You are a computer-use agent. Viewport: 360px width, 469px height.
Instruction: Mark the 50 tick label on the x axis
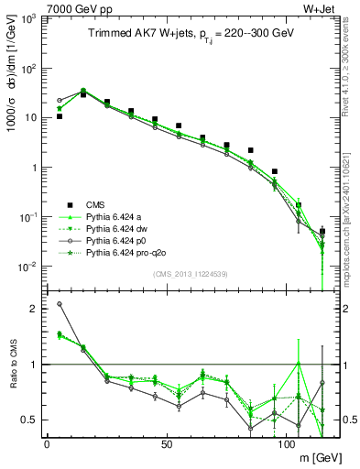(x=166, y=442)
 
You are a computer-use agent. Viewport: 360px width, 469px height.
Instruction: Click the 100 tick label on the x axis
(x=286, y=442)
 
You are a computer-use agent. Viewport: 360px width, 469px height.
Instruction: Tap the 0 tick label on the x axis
(x=46, y=442)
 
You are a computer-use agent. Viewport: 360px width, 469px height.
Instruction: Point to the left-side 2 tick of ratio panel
(x=34, y=309)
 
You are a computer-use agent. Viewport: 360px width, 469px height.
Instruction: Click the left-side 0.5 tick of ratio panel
(x=30, y=420)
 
